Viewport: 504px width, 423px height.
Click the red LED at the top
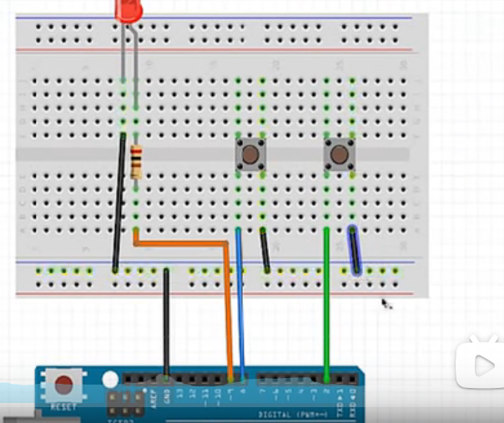[x=130, y=10]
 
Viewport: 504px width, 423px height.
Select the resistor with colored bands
[x=136, y=162]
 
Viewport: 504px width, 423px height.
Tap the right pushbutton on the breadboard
[x=338, y=154]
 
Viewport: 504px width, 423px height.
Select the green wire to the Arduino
[x=326, y=309]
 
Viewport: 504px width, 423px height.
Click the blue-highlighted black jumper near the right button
[x=355, y=250]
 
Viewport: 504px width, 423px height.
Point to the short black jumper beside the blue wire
[x=265, y=250]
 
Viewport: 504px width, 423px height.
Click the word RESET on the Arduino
[x=63, y=406]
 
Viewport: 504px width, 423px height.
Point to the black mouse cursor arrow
[x=386, y=305]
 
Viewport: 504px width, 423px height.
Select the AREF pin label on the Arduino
[x=156, y=399]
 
